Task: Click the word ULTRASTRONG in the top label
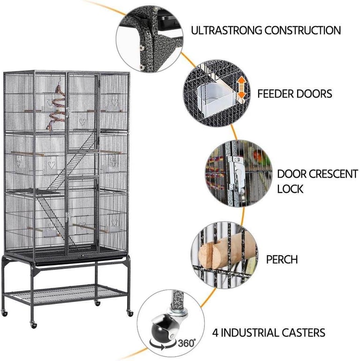226,30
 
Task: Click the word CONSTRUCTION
303,30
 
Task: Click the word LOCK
290,189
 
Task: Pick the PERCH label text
282,259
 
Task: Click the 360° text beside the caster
187,343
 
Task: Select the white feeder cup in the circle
214,100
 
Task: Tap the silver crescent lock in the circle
236,171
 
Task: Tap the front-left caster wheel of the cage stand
34,325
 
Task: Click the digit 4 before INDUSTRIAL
215,333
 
